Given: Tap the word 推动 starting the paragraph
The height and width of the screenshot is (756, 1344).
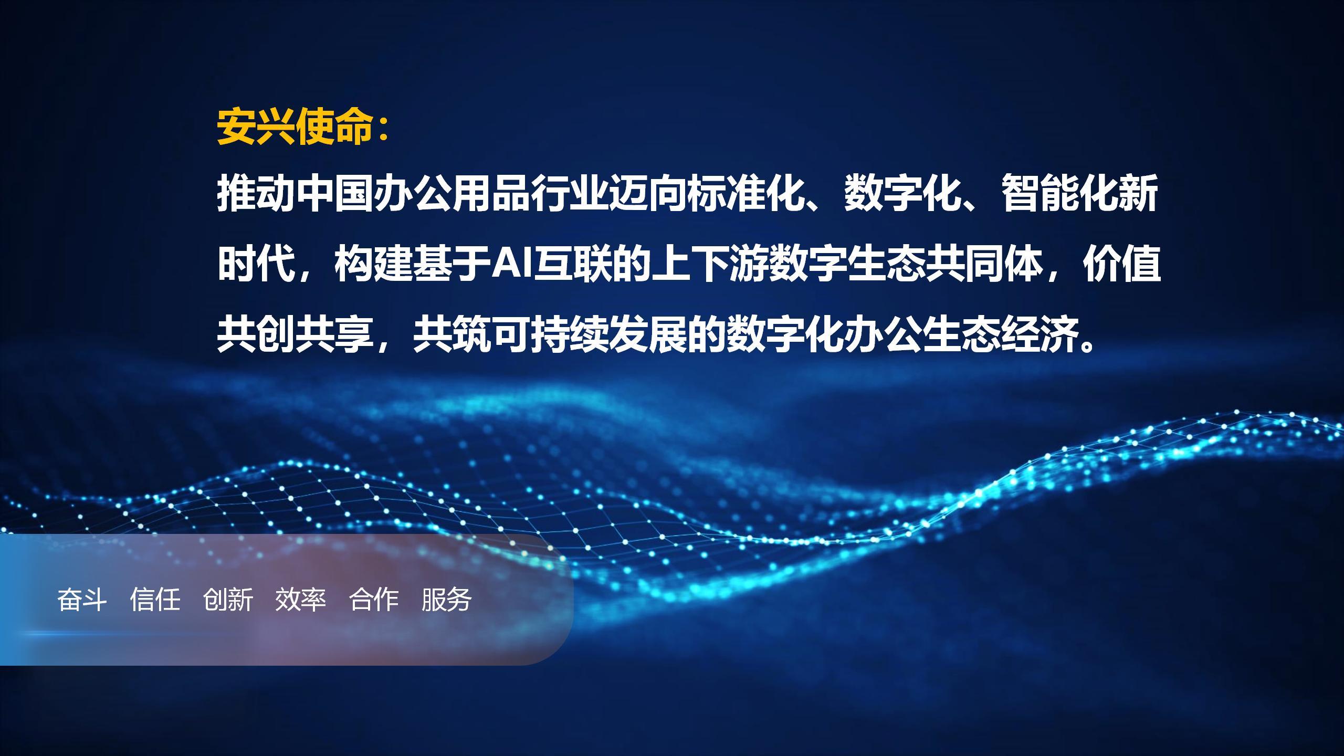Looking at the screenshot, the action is coord(256,195).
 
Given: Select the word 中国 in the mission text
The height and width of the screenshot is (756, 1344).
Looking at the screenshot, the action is coord(335,195).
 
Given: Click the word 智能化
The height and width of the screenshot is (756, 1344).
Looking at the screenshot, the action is coord(1060,195).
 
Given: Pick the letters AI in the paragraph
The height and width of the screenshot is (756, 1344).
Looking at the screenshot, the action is coord(511,264).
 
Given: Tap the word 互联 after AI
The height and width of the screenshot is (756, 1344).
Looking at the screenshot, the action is coord(571,264).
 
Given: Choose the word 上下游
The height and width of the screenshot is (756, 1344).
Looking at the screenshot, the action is coord(708,264).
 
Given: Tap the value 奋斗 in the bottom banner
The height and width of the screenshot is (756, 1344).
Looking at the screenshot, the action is coord(82,600).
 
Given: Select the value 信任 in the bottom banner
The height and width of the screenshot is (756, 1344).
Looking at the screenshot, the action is coord(155,600).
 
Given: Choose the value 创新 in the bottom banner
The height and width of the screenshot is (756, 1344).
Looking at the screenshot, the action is coord(228,600).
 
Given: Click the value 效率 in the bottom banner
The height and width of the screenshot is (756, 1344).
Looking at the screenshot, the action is coord(301,600).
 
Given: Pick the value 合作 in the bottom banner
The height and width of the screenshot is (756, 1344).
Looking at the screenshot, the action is coord(374,600).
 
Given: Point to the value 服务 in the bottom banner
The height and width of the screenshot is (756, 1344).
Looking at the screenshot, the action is coord(447,600).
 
